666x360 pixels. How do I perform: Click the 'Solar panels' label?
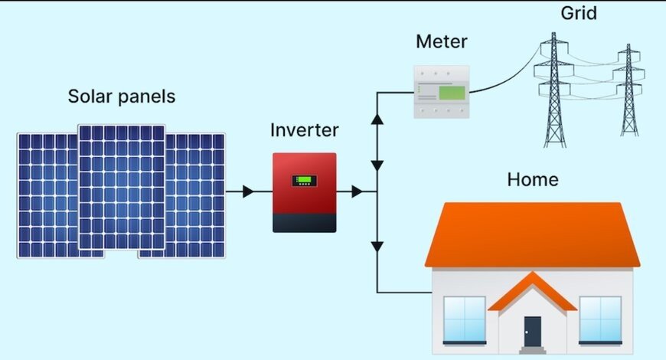coord(122,97)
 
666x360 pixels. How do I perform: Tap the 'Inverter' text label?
coord(304,130)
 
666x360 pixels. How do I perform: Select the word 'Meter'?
coord(441,41)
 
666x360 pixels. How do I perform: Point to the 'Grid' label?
coord(578,13)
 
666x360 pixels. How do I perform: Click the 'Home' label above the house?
coord(533,181)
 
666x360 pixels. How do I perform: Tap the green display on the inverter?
coord(304,182)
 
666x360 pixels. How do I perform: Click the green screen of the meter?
coord(452,95)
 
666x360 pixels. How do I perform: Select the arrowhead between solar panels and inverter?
coord(247,191)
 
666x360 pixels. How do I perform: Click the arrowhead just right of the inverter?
coord(357,191)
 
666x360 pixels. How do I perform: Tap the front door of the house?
coord(532,331)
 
